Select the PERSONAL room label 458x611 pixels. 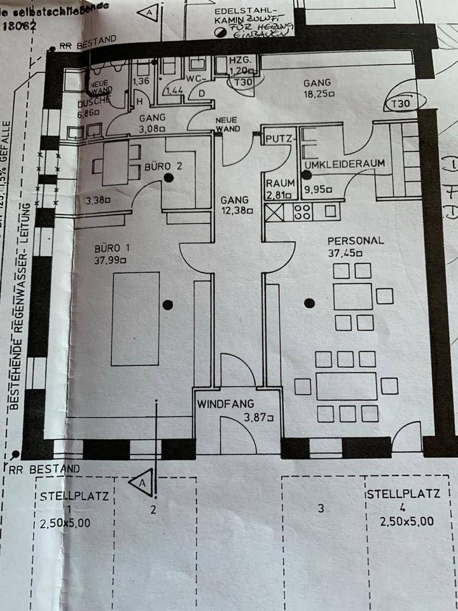pos(355,241)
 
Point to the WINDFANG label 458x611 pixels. pos(225,404)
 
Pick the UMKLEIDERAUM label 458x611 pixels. pos(345,164)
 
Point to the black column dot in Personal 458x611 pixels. pos(310,304)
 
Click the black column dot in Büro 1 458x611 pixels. pos(167,305)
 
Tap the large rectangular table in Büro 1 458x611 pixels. pos(135,318)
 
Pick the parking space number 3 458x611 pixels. pos(321,508)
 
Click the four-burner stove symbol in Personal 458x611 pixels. pos(302,212)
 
